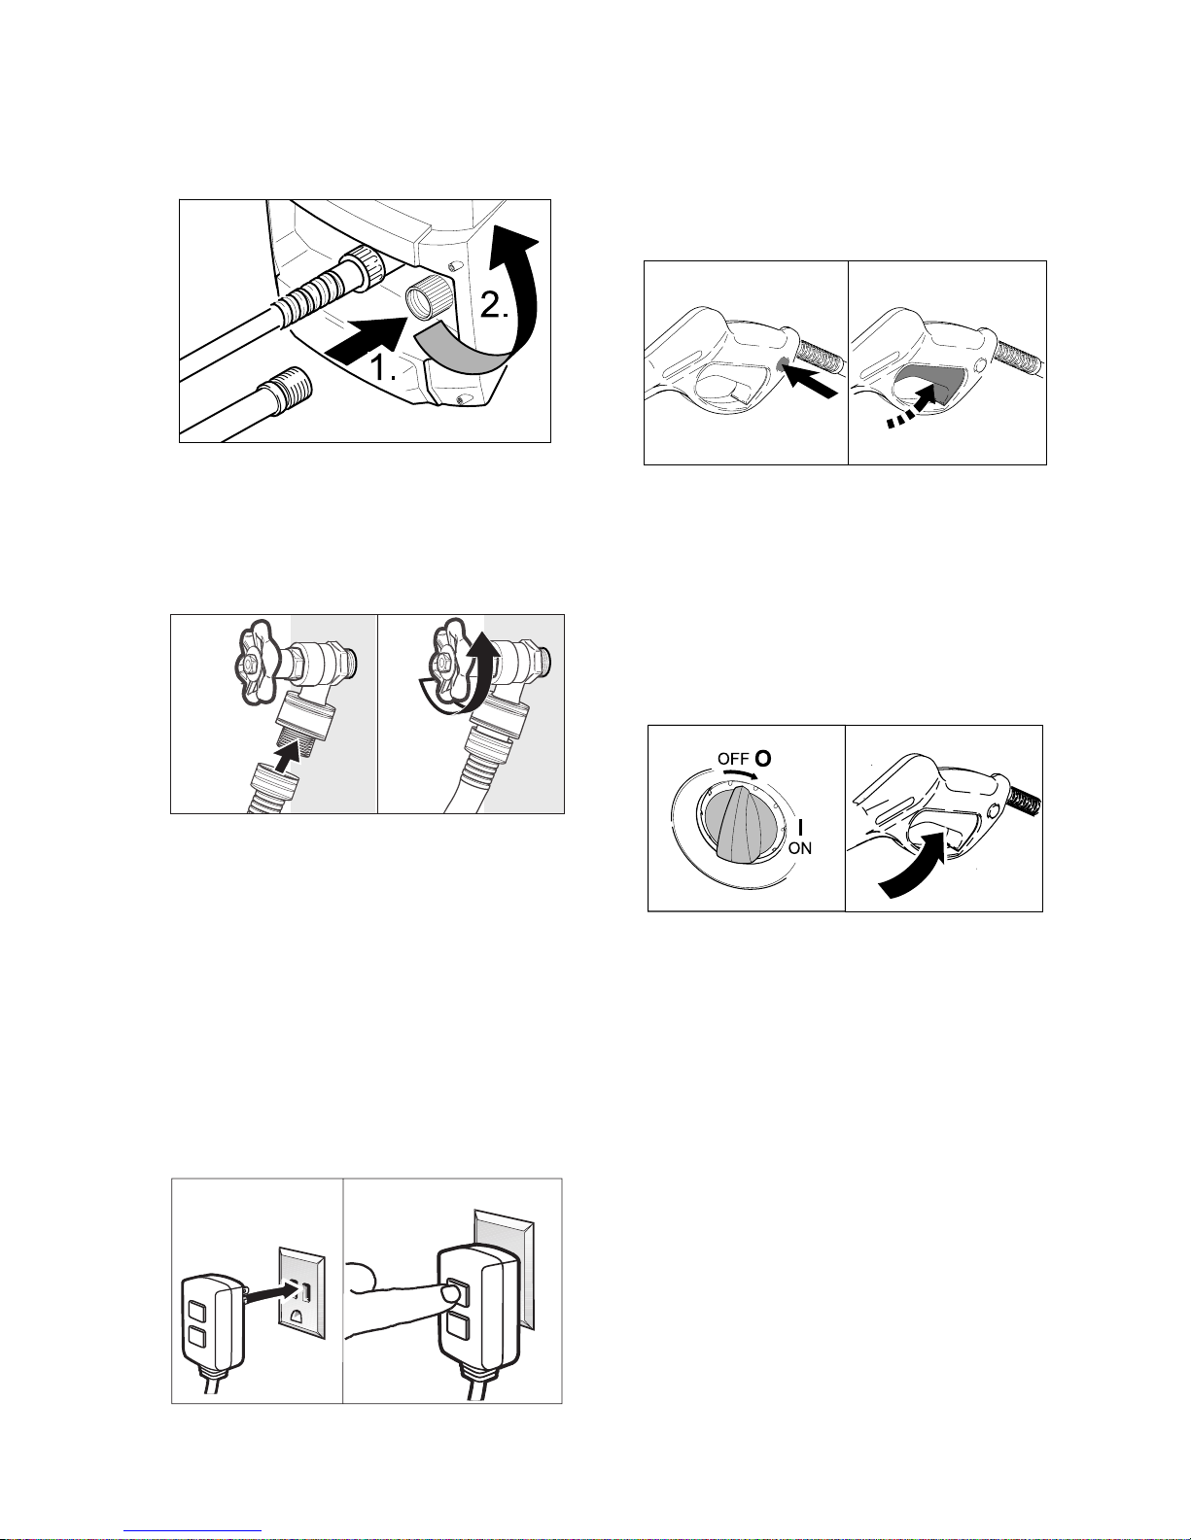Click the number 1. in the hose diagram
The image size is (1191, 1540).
pyautogui.click(x=383, y=368)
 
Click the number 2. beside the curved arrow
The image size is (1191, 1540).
pyautogui.click(x=495, y=305)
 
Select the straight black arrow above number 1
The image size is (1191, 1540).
pyautogui.click(x=367, y=341)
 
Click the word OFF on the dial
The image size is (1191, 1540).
pyautogui.click(x=733, y=759)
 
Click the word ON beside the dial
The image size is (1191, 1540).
pyautogui.click(x=800, y=848)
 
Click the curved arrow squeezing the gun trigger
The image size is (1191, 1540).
pyautogui.click(x=915, y=865)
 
